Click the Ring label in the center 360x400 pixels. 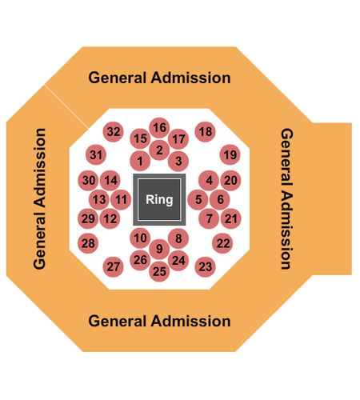click(x=159, y=199)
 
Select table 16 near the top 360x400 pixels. click(x=159, y=128)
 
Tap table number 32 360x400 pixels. click(x=114, y=132)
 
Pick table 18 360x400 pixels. click(x=206, y=132)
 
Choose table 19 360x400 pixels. click(x=230, y=154)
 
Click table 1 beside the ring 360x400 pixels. click(x=140, y=161)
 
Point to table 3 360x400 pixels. click(x=178, y=161)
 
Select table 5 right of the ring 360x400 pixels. click(x=198, y=199)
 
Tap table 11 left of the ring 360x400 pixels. click(x=121, y=199)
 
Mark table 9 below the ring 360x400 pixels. click(x=159, y=249)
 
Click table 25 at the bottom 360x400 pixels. click(x=159, y=271)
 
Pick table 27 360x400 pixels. click(x=114, y=266)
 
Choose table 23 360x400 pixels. click(x=206, y=266)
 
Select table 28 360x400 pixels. click(x=88, y=243)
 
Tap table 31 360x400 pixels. click(x=96, y=154)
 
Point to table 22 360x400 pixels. click(x=222, y=243)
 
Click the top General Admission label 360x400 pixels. click(x=159, y=78)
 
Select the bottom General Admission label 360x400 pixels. click(x=159, y=321)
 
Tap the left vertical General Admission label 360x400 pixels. click(x=39, y=198)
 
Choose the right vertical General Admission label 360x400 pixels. click(x=287, y=198)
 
